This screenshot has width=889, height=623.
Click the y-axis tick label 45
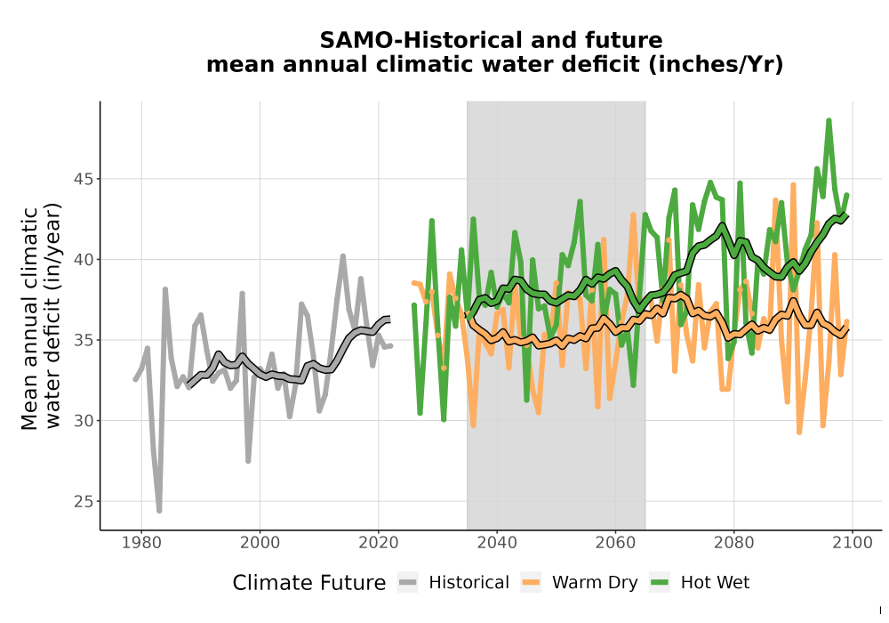point(83,179)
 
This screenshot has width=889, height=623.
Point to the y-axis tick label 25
point(83,502)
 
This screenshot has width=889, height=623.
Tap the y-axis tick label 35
point(83,341)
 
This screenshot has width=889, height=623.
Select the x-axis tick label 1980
point(141,543)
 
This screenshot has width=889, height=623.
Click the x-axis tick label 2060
point(615,543)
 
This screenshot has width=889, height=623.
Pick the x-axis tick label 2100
point(853,543)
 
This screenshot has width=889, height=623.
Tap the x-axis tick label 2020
point(378,543)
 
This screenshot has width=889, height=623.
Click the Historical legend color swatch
point(408,583)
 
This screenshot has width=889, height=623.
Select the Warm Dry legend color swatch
point(531,583)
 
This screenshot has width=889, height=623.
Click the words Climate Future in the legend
point(309,583)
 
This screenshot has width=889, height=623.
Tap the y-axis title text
point(41,318)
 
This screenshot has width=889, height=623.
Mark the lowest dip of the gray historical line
point(159,511)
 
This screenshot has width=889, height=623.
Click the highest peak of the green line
point(829,121)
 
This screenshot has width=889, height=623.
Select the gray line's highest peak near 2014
point(343,256)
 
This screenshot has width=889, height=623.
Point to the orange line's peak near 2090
point(793,185)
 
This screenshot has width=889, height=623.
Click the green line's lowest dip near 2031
point(444,420)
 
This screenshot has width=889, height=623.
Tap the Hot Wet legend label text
point(715,583)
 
